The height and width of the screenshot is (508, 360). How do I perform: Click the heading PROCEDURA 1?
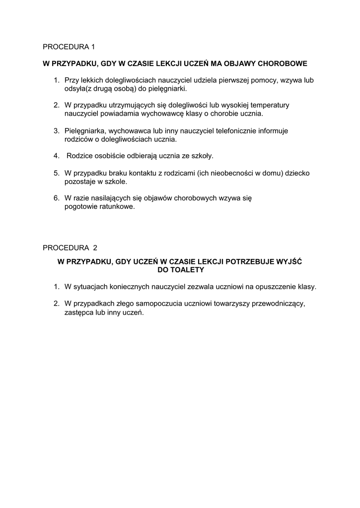[69, 47]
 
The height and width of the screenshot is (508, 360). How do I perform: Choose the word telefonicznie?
[235, 130]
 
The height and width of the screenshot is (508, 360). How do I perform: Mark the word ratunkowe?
[116, 206]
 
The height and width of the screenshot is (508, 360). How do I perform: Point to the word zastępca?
[79, 312]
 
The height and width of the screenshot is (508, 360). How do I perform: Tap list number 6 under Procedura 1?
[56, 198]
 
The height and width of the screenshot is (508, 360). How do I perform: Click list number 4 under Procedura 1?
[56, 156]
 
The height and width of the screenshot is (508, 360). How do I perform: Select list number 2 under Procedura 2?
[56, 303]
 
